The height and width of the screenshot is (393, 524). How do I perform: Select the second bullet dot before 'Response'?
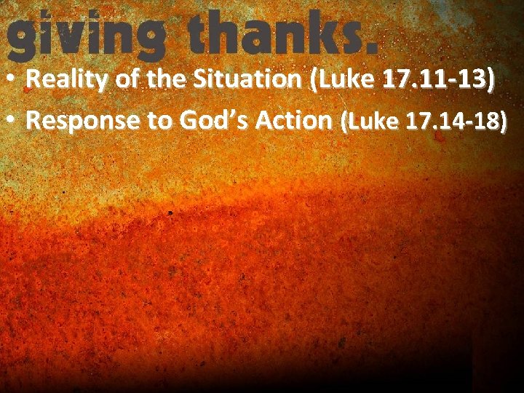pos(13,121)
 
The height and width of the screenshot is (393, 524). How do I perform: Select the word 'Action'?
pos(291,121)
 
